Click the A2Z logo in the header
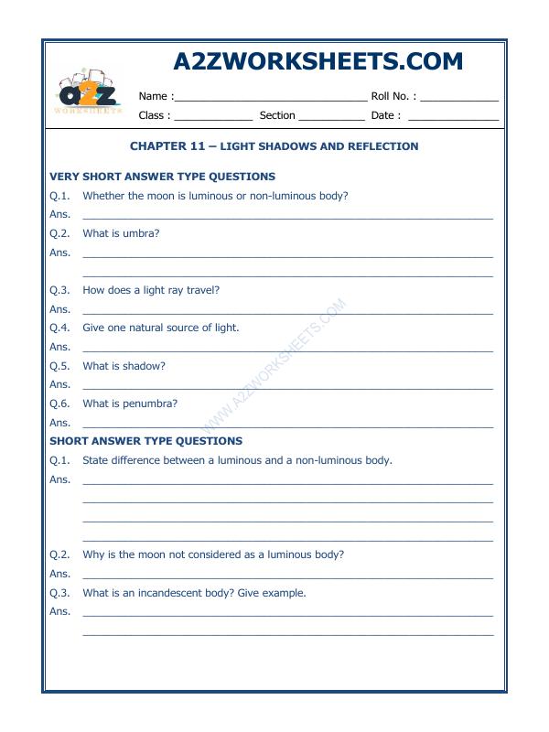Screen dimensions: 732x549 (x=91, y=92)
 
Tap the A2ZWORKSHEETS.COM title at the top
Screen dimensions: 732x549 (x=318, y=61)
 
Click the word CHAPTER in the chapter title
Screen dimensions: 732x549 (x=157, y=146)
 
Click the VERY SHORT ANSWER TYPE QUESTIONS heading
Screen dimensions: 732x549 (x=162, y=177)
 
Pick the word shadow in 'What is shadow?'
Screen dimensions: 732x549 (x=145, y=366)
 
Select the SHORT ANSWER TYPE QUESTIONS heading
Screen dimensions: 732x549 (x=145, y=441)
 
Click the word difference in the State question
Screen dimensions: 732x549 (x=138, y=460)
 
